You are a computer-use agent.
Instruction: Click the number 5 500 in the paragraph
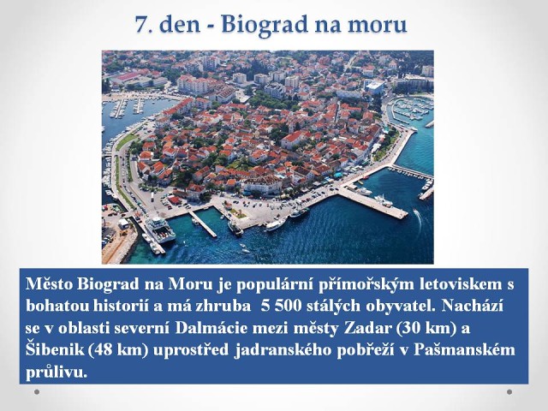point(282,306)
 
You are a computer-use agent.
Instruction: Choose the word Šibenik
point(55,349)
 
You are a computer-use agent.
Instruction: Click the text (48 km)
point(119,350)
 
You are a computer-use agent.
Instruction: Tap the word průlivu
point(56,372)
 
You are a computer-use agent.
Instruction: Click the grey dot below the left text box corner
point(37,392)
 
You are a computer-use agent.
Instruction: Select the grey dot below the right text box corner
point(509,392)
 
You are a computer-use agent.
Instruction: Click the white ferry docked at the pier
point(160,229)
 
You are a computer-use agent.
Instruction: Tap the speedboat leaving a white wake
point(416,211)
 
